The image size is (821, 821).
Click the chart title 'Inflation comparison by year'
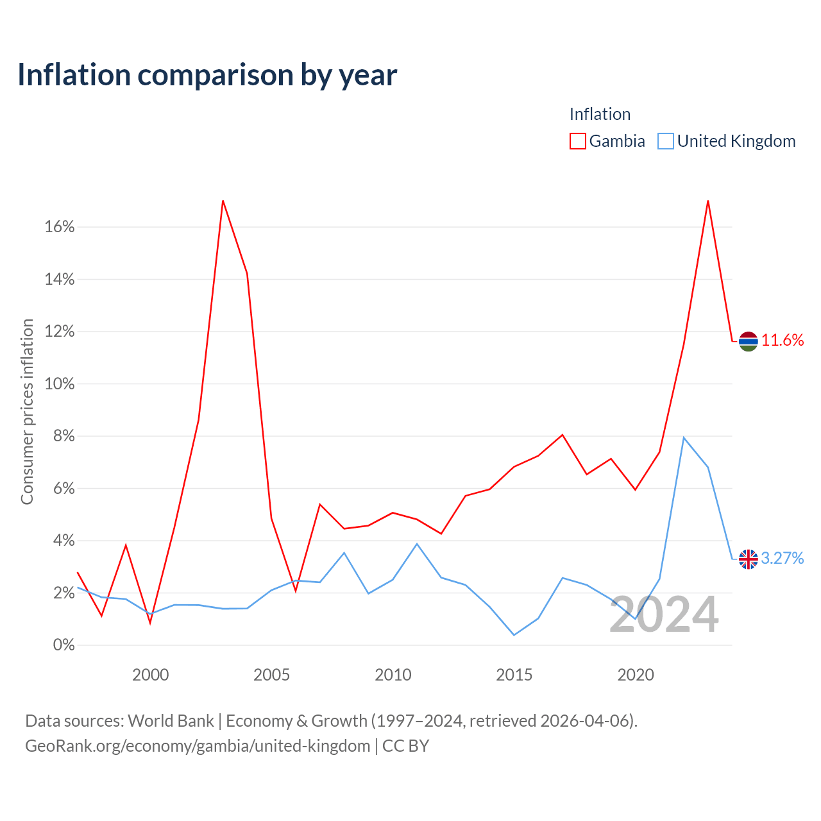point(207,75)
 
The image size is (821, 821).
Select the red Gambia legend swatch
point(577,141)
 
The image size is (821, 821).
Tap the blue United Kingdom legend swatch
point(665,141)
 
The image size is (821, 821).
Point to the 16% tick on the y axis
point(60,226)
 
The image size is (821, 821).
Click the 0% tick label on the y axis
point(64,645)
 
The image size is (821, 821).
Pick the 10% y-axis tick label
point(60,384)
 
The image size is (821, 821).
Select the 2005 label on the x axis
point(271,675)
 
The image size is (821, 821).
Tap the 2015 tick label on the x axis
point(514,675)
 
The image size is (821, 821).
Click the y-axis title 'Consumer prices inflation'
point(27,412)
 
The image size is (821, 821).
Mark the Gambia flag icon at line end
point(748,341)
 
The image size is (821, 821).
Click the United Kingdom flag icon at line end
point(748,559)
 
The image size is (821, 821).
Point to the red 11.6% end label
point(783,341)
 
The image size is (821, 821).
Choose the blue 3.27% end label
point(783,558)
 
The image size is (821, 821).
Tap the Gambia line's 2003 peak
point(223,201)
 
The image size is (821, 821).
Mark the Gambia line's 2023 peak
point(707,201)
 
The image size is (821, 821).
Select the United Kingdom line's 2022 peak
point(683,437)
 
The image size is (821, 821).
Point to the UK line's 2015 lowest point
point(514,635)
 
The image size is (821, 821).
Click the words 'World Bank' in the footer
point(171,721)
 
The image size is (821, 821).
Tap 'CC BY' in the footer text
point(405,746)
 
